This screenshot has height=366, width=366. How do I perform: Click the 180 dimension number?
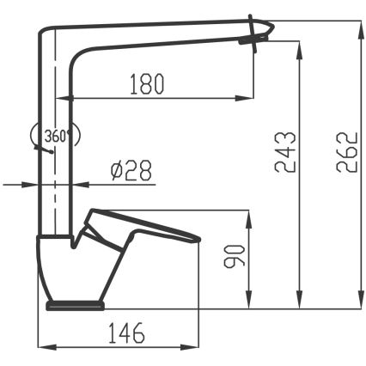[x=146, y=84]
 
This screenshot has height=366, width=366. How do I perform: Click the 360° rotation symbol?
[x=54, y=135]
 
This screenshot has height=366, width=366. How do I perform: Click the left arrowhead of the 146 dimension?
[x=47, y=347]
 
